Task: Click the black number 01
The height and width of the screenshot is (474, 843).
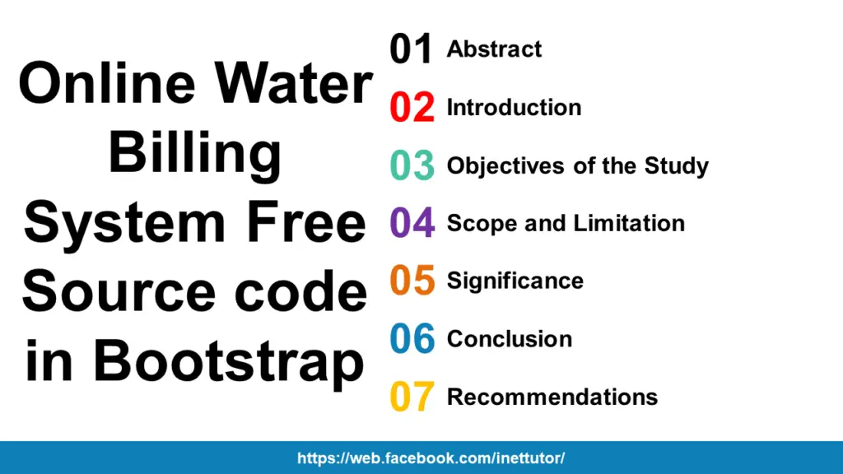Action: click(411, 49)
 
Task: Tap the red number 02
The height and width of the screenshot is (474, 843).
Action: click(412, 108)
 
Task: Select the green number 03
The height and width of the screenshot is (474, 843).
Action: click(412, 166)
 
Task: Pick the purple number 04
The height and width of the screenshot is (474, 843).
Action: click(412, 224)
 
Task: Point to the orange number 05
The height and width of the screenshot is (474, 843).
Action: click(412, 281)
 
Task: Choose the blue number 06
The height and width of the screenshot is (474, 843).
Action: click(412, 339)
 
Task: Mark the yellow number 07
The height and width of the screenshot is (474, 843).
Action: click(412, 397)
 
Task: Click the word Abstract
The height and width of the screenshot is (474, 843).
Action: click(494, 49)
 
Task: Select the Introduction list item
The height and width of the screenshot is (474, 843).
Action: click(514, 108)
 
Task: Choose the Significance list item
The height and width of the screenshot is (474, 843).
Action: click(515, 281)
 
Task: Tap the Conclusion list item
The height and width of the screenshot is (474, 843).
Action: click(509, 339)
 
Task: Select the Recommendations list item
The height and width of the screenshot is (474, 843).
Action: click(552, 397)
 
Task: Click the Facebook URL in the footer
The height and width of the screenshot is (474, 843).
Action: click(431, 458)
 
